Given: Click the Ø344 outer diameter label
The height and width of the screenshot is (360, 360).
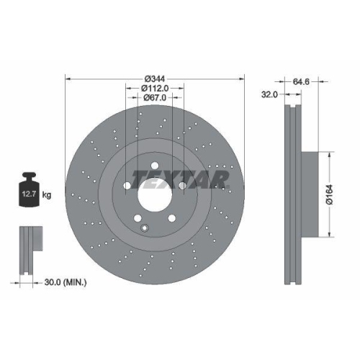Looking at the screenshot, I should pyautogui.click(x=154, y=78).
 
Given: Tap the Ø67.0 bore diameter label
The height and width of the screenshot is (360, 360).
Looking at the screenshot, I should pyautogui.click(x=154, y=98).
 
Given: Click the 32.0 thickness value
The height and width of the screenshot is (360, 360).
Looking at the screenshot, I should pyautogui.click(x=270, y=94).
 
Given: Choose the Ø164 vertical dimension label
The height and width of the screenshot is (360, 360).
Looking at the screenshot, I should pyautogui.click(x=329, y=194).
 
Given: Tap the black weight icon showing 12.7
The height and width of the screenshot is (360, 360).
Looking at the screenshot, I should pyautogui.click(x=30, y=192).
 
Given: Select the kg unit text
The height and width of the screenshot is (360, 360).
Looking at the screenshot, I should pyautogui.click(x=48, y=194).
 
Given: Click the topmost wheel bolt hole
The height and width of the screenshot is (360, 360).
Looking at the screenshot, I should pyautogui.click(x=154, y=166).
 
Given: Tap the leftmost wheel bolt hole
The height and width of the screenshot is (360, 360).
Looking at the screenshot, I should pyautogui.click(x=127, y=186).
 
